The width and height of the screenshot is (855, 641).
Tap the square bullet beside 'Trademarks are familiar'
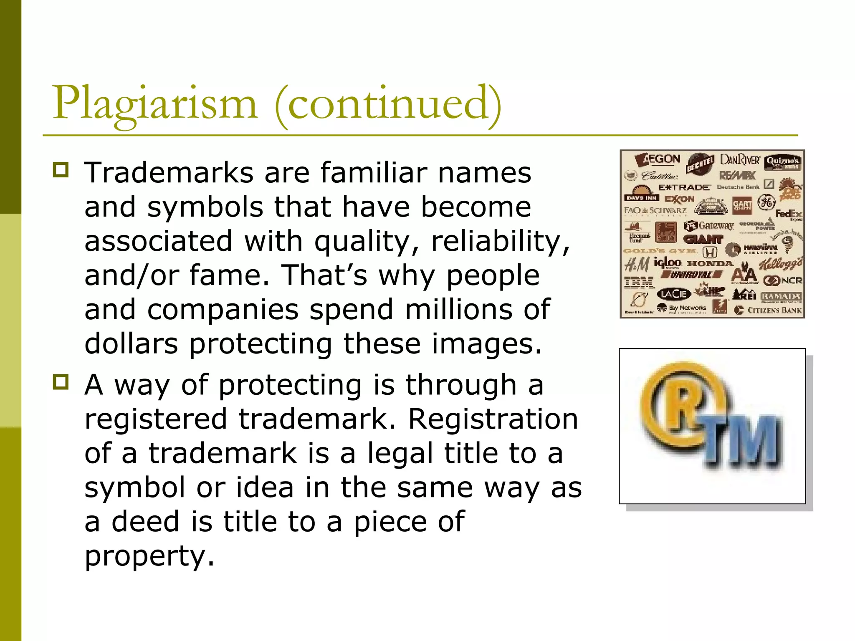(x=61, y=170)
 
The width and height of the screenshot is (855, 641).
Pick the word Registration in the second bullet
(x=493, y=419)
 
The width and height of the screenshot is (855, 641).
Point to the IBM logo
(x=639, y=283)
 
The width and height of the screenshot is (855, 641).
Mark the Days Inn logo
(x=642, y=198)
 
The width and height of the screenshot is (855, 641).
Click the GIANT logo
(x=703, y=240)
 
